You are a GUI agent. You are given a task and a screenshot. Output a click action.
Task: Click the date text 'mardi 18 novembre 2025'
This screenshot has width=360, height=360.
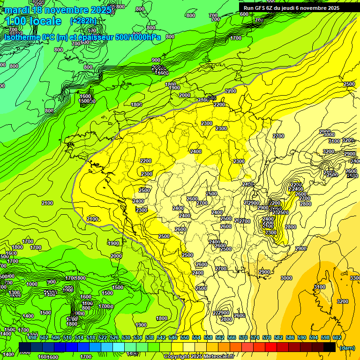coord(58,10)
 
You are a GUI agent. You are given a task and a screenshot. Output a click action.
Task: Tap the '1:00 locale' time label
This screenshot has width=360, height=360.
coord(33,21)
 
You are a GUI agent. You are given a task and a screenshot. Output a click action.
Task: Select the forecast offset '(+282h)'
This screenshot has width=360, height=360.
coord(83,21)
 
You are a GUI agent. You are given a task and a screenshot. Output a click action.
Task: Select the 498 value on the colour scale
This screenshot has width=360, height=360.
coord(32,337)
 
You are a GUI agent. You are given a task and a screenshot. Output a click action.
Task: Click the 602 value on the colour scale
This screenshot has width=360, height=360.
coord(337,337)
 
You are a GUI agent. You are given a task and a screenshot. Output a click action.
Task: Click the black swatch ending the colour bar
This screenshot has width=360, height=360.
coord(330,347)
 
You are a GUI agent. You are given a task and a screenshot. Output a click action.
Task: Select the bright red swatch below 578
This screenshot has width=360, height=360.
coord(271,347)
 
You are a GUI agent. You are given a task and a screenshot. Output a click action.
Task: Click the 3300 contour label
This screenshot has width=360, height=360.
coord(355,278)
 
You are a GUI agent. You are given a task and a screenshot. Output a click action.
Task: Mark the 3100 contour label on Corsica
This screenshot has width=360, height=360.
coord(320,287)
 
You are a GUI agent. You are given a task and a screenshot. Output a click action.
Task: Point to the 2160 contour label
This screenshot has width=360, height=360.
coord(203,100)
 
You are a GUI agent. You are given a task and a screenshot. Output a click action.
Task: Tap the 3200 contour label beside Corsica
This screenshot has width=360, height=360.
coord(343,301)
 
